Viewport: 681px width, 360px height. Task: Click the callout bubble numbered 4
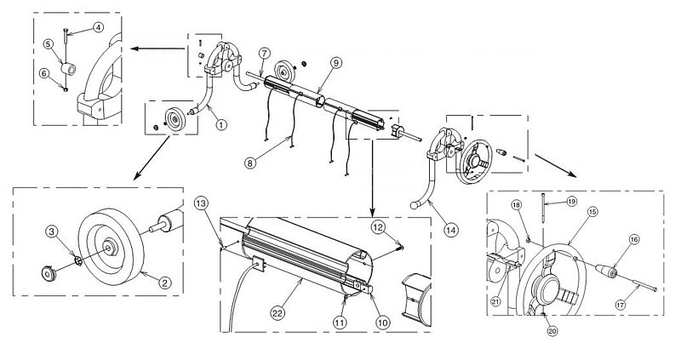[x=98, y=27]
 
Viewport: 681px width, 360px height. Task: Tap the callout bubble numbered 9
[x=335, y=63]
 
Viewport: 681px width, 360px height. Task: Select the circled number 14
[x=451, y=230]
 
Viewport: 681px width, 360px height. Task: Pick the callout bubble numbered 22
[x=277, y=311]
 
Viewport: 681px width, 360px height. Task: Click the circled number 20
[x=552, y=331]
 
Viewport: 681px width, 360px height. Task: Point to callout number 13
[x=200, y=203]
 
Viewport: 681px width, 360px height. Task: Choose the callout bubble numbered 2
[x=164, y=283]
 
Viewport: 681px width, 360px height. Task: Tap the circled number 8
[x=250, y=163]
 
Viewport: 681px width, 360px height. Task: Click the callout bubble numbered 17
[x=621, y=306]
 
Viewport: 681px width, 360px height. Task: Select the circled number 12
[x=378, y=227]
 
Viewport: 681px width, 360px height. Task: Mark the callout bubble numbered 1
[x=221, y=124]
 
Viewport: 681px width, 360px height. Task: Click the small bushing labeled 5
[x=68, y=69]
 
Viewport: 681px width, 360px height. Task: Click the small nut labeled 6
[x=66, y=89]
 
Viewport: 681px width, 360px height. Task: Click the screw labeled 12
[x=399, y=248]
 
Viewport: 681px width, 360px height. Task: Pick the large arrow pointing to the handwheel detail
[x=556, y=165]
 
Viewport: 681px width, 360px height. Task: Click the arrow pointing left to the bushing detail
[x=157, y=49]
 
